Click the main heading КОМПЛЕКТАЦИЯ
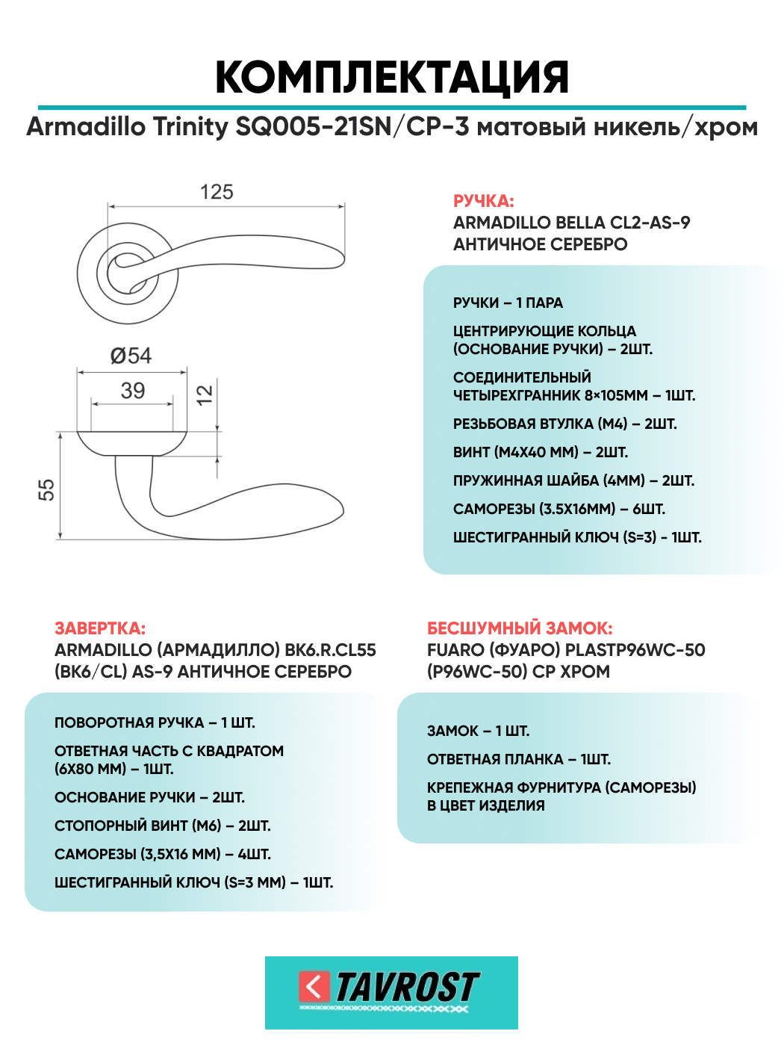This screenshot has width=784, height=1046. tap(391, 77)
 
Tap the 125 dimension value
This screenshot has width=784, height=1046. tap(217, 192)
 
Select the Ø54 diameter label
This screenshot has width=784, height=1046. tap(131, 356)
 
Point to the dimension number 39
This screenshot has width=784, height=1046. tap(133, 391)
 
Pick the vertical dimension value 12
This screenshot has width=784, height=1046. tap(204, 394)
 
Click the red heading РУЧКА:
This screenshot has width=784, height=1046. tap(483, 201)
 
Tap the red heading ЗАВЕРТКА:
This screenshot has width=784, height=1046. tap(100, 628)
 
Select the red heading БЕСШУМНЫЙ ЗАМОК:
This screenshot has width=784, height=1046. tap(519, 628)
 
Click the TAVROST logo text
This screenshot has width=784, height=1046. tap(407, 987)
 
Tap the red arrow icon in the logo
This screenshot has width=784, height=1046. tap(314, 986)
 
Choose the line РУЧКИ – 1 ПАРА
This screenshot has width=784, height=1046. tap(508, 303)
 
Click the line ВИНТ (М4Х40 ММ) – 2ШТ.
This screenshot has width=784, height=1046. tap(540, 452)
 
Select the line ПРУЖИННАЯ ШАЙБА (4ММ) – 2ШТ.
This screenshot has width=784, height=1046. tap(573, 480)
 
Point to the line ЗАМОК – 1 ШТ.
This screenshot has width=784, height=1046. tap(478, 731)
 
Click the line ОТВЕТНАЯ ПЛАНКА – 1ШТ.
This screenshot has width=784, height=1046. tap(518, 759)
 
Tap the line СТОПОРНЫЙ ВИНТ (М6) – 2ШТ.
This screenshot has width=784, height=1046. tap(162, 826)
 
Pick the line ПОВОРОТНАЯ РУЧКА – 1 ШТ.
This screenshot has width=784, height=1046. tap(155, 722)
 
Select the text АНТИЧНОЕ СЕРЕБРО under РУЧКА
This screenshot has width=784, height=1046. tap(540, 244)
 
